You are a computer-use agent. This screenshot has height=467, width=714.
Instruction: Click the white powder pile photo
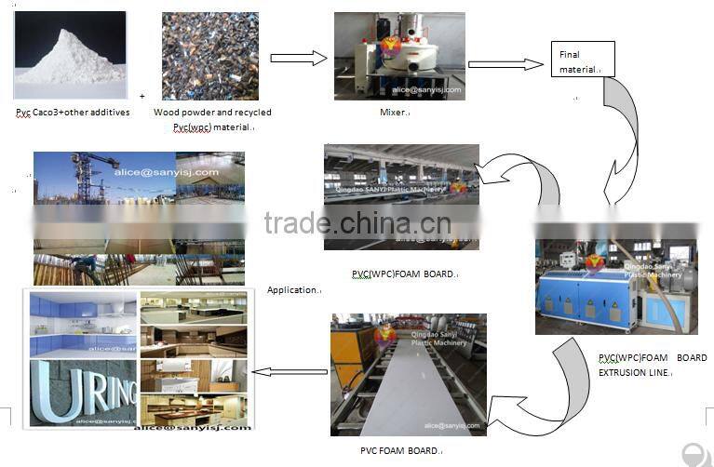(x=70, y=55)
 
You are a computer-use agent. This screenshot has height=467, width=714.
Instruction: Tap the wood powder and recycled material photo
(x=211, y=56)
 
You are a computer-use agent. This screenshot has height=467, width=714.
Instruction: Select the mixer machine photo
(x=398, y=56)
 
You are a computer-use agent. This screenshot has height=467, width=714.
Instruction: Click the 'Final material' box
(x=582, y=60)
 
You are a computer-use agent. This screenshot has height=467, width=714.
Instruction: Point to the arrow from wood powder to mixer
(x=298, y=58)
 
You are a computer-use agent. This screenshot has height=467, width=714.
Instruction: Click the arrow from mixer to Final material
(x=505, y=64)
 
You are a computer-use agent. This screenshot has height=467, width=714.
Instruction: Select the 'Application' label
(x=292, y=290)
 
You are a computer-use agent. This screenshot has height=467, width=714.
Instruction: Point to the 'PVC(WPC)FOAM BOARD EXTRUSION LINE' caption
(x=652, y=365)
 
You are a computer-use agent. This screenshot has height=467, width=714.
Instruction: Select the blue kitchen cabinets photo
(x=82, y=325)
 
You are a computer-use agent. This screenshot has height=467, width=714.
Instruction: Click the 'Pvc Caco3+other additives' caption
(x=73, y=113)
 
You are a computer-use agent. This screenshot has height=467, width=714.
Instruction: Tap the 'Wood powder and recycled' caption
(x=212, y=113)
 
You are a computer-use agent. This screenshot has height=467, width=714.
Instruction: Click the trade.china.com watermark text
(x=357, y=223)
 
